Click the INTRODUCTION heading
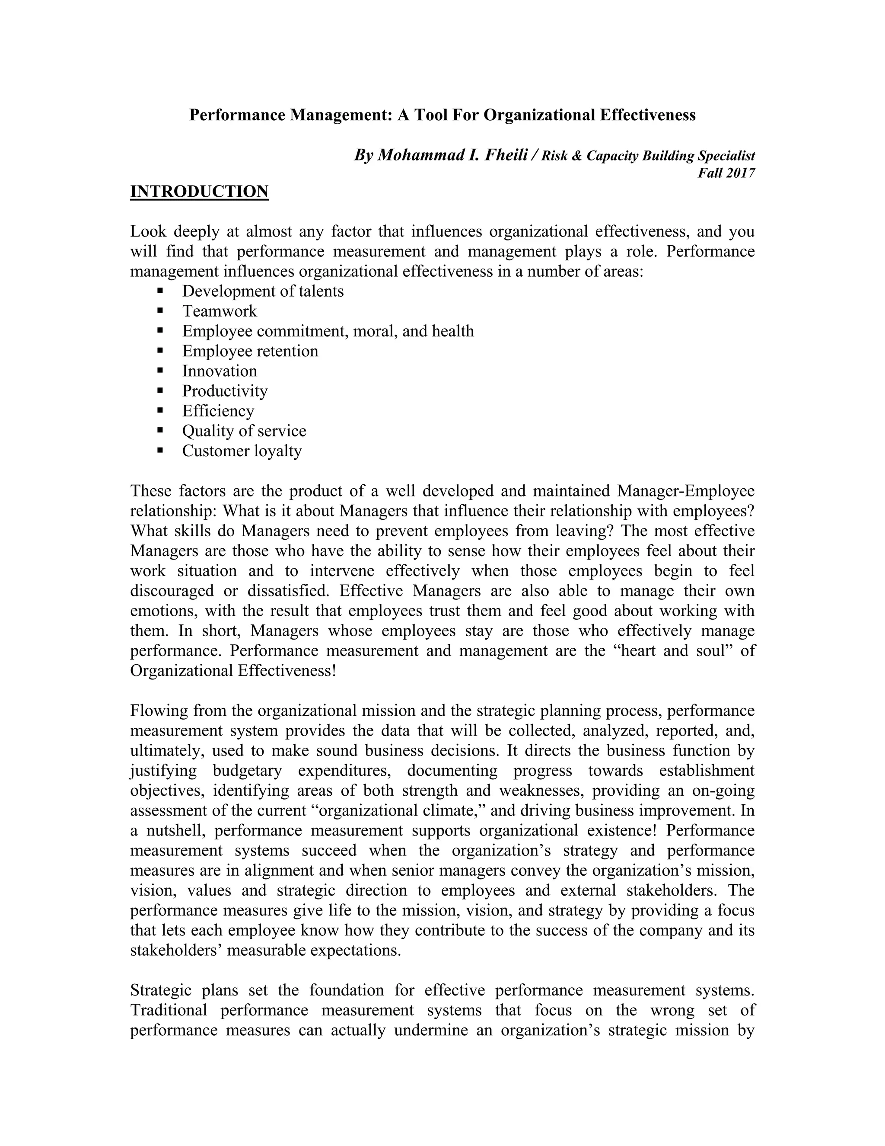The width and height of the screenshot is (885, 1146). pyautogui.click(x=199, y=192)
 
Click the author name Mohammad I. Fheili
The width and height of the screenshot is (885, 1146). pyautogui.click(x=452, y=156)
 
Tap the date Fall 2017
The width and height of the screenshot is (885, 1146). pyautogui.click(x=726, y=173)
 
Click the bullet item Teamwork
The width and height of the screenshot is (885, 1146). pyautogui.click(x=220, y=311)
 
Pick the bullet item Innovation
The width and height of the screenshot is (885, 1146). pyautogui.click(x=220, y=371)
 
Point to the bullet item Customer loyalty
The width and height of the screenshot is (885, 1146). pyautogui.click(x=242, y=451)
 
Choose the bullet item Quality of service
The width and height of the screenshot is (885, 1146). pyautogui.click(x=244, y=431)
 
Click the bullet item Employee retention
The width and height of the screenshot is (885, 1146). pyautogui.click(x=250, y=351)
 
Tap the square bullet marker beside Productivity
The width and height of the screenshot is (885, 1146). pyautogui.click(x=160, y=391)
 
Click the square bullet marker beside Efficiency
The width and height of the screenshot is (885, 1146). pyautogui.click(x=160, y=410)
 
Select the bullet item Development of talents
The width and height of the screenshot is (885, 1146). pyautogui.click(x=263, y=291)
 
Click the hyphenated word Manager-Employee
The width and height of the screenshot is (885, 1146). pyautogui.click(x=686, y=491)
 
